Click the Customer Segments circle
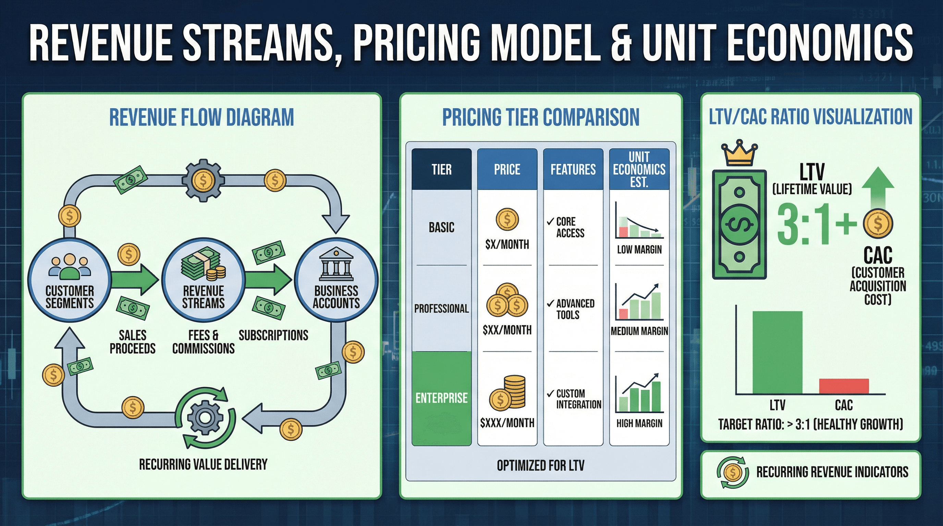[x=69, y=280]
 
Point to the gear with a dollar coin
[x=203, y=180]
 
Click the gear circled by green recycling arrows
[x=205, y=417]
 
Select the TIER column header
[x=441, y=170]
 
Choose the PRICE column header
[x=507, y=170]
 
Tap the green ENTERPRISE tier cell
[x=441, y=398]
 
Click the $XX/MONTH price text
[x=507, y=330]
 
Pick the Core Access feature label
[x=570, y=227]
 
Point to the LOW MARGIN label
[x=639, y=249]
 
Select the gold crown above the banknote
[x=739, y=153]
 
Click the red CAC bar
[x=844, y=386]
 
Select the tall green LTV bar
[x=777, y=352]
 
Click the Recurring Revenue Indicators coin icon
[x=733, y=472]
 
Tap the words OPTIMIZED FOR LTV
[x=540, y=465]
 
